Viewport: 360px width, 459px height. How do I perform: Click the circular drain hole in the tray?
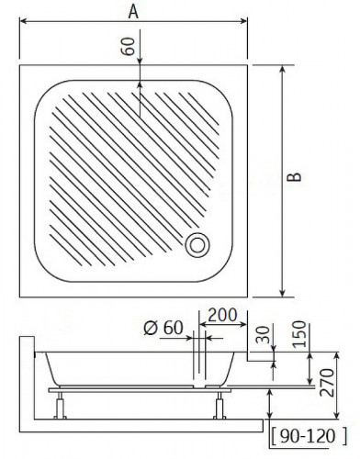tap(198, 245)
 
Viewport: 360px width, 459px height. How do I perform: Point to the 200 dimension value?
tap(221, 315)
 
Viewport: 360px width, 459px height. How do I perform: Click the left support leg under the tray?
tap(62, 403)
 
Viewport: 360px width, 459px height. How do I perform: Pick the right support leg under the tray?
tap(220, 403)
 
